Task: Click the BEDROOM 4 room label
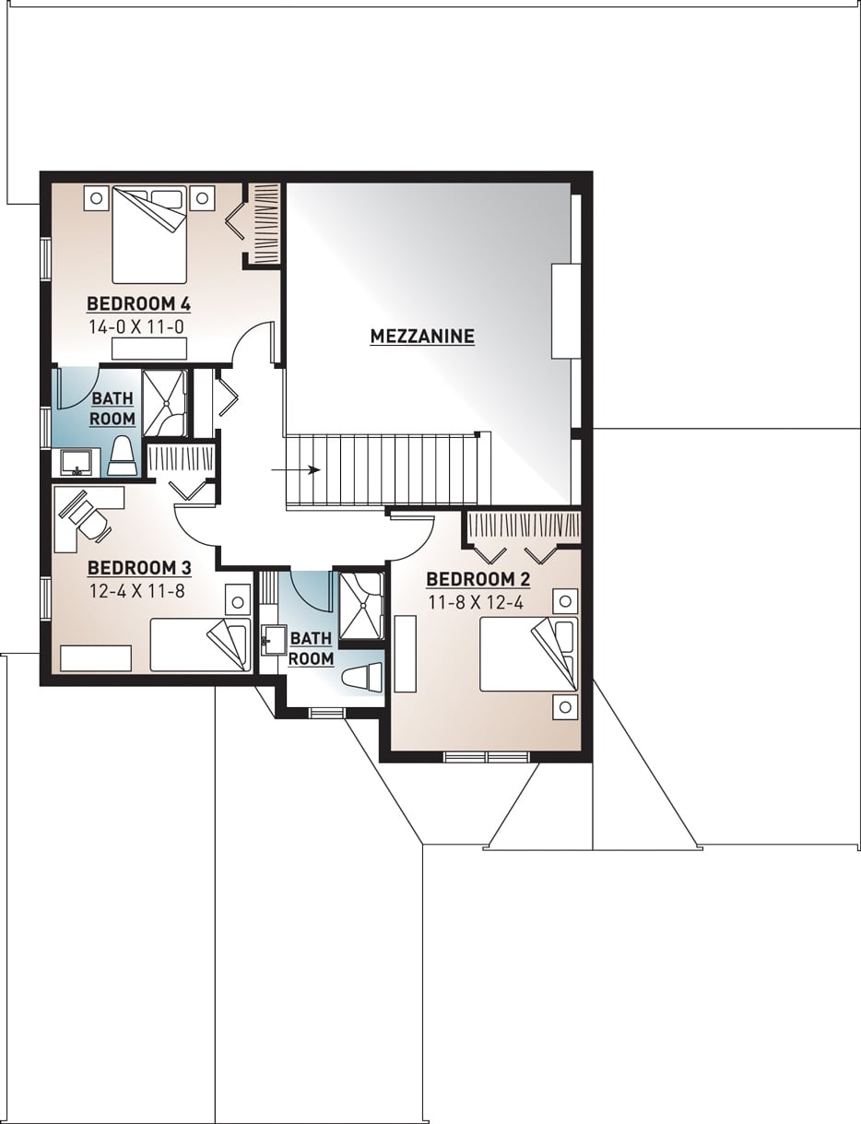[138, 303]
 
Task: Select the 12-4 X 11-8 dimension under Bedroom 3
[136, 591]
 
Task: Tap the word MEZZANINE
[422, 337]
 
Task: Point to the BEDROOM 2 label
[478, 579]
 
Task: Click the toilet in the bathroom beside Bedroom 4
[123, 456]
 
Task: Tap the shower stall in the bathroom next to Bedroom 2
[360, 606]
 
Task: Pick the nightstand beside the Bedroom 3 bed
[238, 602]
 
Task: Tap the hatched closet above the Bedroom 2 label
[524, 527]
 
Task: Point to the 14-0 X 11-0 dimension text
[138, 325]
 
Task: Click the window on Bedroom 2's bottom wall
[486, 757]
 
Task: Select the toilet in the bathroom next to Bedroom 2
[361, 677]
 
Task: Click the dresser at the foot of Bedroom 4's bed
[149, 348]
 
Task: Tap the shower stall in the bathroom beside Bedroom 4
[165, 402]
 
